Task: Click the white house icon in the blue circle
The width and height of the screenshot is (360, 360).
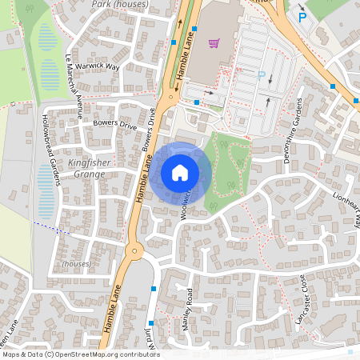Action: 180,172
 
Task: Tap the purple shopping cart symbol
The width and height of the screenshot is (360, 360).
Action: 214,43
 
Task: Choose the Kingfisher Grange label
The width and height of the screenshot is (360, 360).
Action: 93,167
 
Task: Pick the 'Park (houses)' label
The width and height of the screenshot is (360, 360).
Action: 119,4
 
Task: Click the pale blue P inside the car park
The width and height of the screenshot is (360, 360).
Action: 261,75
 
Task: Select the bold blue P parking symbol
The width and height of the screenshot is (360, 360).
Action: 302,17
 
